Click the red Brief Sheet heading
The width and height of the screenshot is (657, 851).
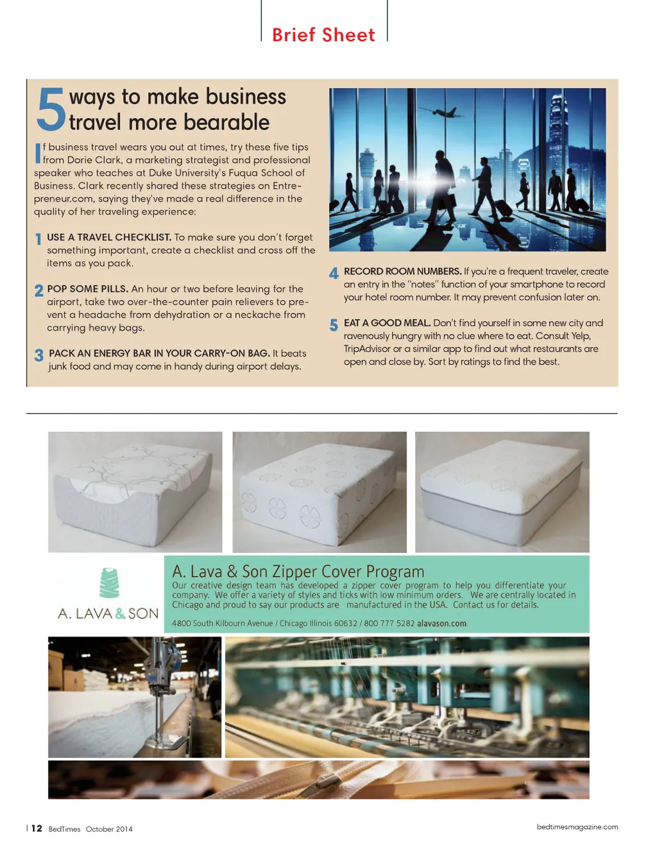(323, 35)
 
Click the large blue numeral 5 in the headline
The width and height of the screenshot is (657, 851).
(51, 109)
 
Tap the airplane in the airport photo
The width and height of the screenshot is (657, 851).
(441, 112)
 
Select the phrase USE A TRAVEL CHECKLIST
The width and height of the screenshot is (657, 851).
(109, 237)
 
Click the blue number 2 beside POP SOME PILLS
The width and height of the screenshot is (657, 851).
(39, 290)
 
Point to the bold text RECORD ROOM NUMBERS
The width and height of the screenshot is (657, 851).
(402, 271)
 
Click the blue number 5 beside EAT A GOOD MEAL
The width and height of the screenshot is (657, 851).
(334, 325)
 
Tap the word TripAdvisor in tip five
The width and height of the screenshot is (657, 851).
(367, 349)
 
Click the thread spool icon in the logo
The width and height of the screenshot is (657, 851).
(109, 583)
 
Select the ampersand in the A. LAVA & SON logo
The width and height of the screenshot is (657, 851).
(120, 614)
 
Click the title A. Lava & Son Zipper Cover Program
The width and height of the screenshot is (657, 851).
(298, 571)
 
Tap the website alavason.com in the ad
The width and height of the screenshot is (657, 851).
(441, 624)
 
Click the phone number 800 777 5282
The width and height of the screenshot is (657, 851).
(389, 624)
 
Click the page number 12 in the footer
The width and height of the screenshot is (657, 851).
(37, 829)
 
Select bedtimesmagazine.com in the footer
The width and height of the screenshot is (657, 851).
(577, 827)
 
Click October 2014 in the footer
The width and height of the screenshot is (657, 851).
(109, 829)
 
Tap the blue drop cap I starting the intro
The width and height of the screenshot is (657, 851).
(38, 153)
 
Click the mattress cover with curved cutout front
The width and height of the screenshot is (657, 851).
(135, 491)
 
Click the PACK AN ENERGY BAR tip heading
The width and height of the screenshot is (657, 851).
(159, 353)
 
